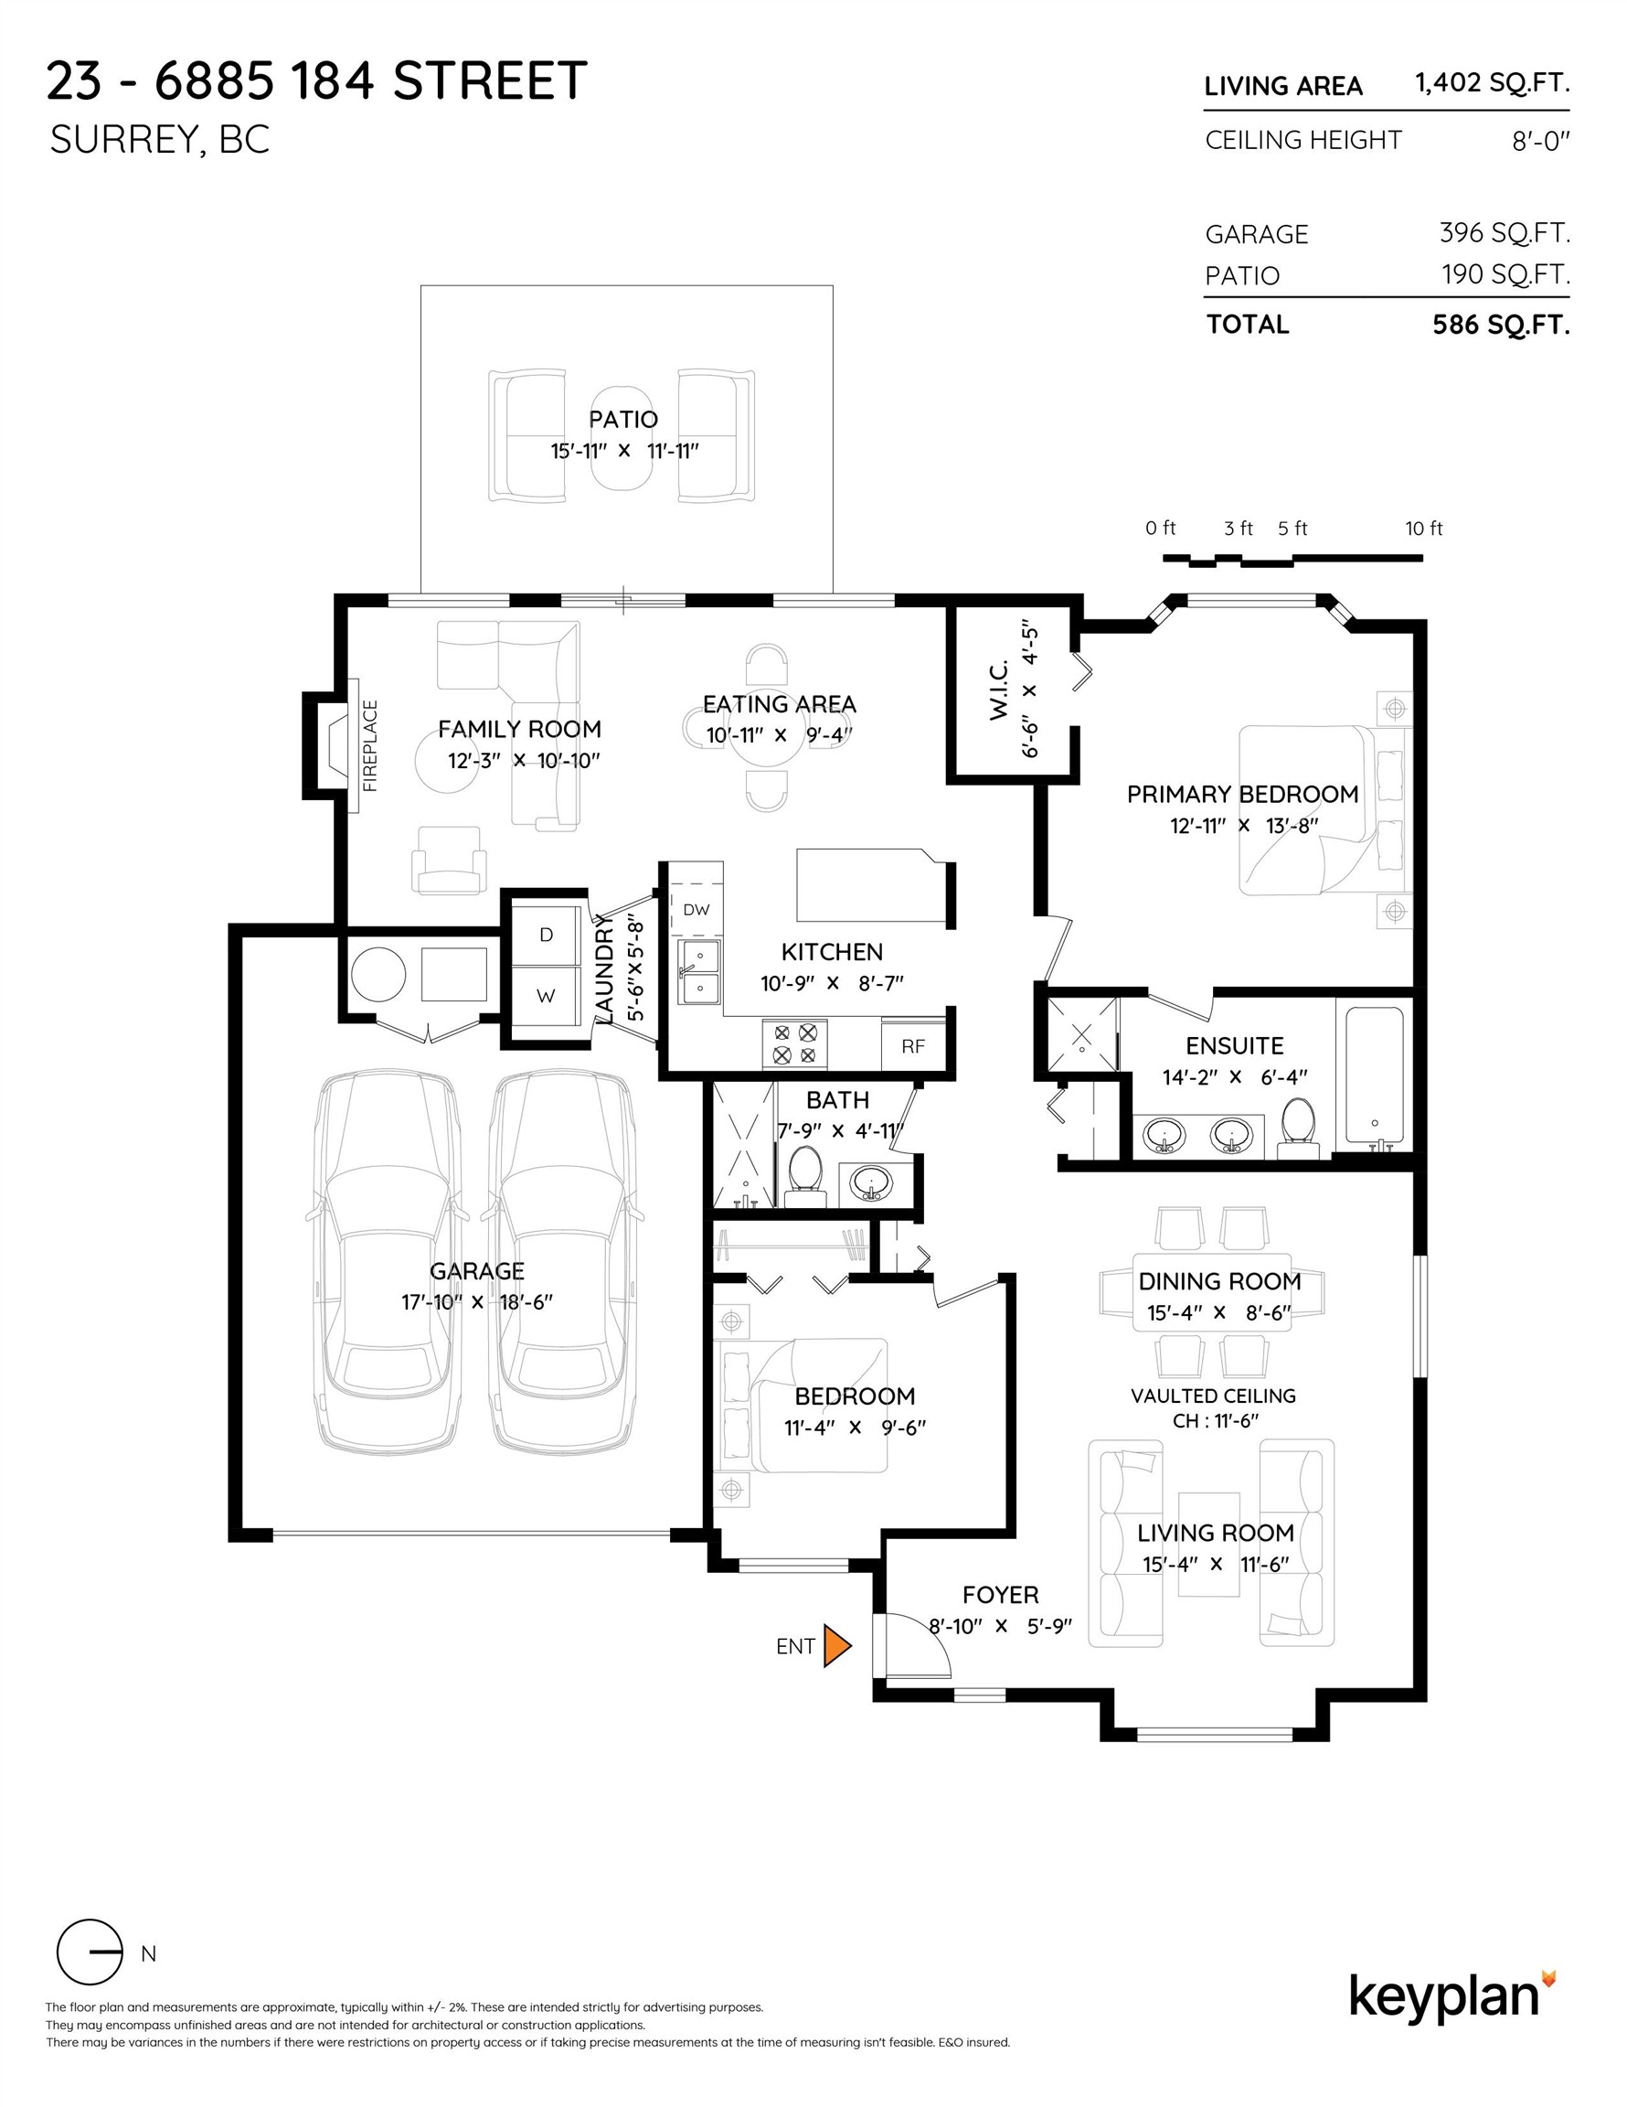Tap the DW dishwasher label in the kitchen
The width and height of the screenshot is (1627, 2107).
pos(697,909)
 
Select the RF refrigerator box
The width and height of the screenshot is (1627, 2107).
pos(912,1046)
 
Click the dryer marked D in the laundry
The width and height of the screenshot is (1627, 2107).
pos(546,934)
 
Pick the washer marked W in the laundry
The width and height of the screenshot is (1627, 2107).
pos(546,997)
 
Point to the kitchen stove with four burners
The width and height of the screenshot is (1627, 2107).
pos(794,1043)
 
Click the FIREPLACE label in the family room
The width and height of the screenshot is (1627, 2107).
pos(370,745)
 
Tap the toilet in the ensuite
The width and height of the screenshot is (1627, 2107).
pos(1298,1128)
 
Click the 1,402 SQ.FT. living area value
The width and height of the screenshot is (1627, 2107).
pos(1491,83)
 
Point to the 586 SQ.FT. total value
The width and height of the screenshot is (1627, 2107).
pos(1501,326)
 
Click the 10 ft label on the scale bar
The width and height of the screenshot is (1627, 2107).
pos(1423,529)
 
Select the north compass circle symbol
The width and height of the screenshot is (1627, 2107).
pos(90,1952)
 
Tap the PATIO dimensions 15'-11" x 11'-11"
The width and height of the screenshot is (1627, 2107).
pos(624,451)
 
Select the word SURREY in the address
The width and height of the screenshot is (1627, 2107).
pos(120,141)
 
